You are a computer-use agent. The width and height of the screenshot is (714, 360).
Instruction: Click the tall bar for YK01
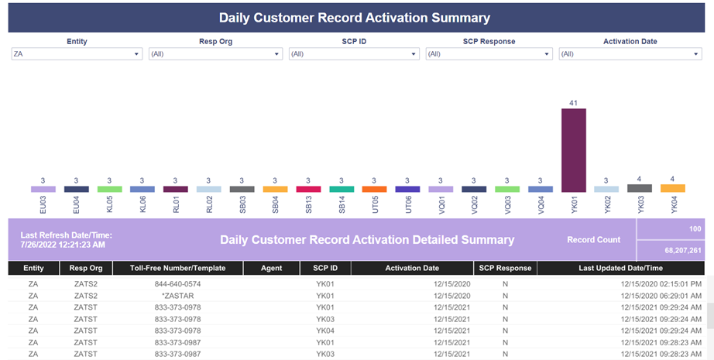click(x=573, y=150)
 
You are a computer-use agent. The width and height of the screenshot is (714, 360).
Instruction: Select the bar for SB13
click(x=308, y=189)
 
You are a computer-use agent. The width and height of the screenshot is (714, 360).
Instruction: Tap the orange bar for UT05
click(x=374, y=189)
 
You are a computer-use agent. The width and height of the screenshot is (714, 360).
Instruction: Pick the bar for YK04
click(x=672, y=188)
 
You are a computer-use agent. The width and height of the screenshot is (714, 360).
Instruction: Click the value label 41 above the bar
click(x=573, y=103)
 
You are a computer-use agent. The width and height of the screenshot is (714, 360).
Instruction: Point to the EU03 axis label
click(x=43, y=205)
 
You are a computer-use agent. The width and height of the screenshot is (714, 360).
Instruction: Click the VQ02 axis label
click(x=474, y=205)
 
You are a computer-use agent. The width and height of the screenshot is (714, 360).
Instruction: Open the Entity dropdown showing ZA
click(x=77, y=53)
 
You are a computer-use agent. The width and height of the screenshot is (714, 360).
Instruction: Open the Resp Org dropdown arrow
click(x=276, y=54)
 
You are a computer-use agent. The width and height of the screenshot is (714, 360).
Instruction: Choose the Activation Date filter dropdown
click(x=630, y=53)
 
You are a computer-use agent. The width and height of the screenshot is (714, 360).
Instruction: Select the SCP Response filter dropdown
click(x=489, y=53)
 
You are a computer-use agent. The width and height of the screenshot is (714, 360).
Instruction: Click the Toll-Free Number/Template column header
click(x=177, y=268)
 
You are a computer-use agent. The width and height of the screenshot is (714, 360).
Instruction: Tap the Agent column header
click(x=271, y=268)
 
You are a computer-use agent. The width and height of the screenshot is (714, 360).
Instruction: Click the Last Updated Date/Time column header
click(x=620, y=268)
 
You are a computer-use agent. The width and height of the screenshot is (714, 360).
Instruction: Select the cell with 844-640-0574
click(x=177, y=284)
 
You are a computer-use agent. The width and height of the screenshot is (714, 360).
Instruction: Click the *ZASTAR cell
click(x=177, y=296)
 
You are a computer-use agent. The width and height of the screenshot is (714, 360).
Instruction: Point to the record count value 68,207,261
click(x=683, y=251)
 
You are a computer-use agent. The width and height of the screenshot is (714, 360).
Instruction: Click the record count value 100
click(x=695, y=229)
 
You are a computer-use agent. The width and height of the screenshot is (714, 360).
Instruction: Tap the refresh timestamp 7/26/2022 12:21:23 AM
click(x=63, y=245)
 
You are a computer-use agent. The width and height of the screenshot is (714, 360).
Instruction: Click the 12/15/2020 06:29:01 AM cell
click(x=661, y=296)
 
